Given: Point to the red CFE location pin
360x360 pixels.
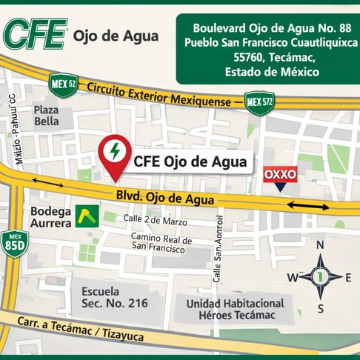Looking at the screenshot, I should (114, 154).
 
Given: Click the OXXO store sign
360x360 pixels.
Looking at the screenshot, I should (281, 174).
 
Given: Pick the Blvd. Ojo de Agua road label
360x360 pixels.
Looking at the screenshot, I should (164, 199).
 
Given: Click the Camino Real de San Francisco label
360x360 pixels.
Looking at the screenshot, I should (161, 245).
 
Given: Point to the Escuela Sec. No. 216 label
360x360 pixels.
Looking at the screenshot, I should (115, 297).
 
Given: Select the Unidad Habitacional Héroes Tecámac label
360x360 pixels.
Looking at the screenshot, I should (235, 310).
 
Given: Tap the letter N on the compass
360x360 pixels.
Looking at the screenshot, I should (320, 245).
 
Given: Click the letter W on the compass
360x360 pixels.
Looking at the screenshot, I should (292, 278).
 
